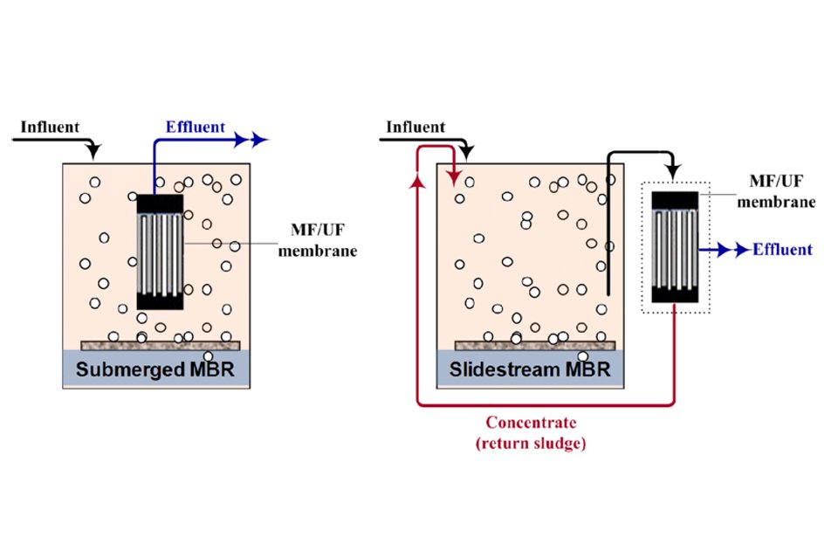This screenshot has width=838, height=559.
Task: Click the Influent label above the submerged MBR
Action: point(50,128)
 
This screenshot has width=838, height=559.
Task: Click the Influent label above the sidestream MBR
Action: point(415,128)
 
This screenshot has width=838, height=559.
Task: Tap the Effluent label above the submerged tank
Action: point(196,127)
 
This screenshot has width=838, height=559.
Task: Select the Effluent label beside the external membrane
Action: point(782,250)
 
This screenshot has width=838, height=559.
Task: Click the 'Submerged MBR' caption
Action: point(155,369)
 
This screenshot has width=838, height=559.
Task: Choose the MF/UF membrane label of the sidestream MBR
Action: point(782,192)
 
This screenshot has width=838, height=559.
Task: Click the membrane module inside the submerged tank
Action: point(160,252)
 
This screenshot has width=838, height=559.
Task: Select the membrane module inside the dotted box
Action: point(676,246)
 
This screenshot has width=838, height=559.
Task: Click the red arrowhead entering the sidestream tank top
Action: point(455,178)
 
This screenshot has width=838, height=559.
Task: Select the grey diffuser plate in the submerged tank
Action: point(156,345)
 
